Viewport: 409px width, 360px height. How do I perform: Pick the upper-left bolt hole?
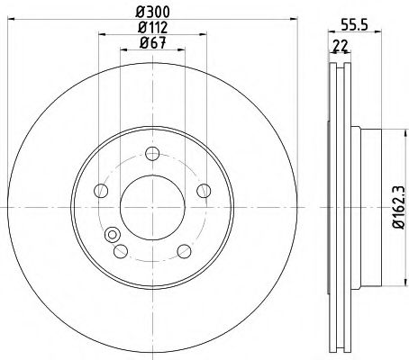pos(100,190)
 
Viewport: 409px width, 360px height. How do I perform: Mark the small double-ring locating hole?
pos(114,236)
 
